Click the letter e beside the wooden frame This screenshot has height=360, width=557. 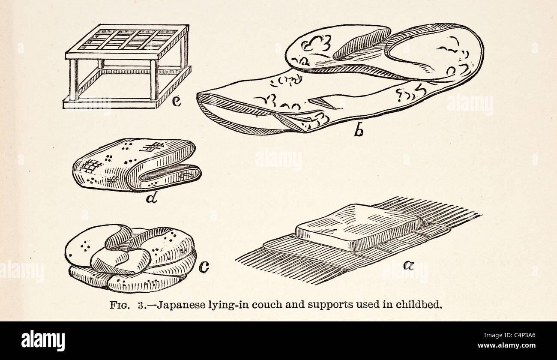pyautogui.click(x=177, y=102)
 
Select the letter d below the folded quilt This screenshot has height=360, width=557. pyautogui.click(x=151, y=198)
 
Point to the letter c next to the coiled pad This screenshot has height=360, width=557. pyautogui.click(x=204, y=268)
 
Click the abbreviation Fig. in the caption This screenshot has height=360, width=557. pyautogui.click(x=120, y=305)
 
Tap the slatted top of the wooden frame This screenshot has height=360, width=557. pyautogui.click(x=127, y=40)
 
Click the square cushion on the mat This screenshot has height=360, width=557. pyautogui.click(x=358, y=227)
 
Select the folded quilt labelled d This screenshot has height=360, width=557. pyautogui.click(x=137, y=165)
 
